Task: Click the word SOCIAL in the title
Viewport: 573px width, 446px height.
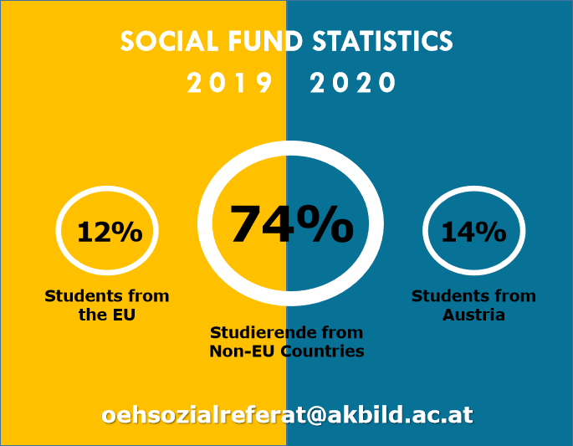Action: (x=169, y=40)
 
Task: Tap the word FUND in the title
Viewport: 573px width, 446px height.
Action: (x=266, y=40)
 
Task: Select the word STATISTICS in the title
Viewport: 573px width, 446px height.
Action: (x=382, y=40)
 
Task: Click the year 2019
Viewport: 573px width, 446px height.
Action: (x=229, y=82)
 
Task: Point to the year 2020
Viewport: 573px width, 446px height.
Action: (x=353, y=82)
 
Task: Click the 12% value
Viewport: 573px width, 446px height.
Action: (x=110, y=232)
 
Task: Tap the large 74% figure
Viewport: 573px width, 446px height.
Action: (x=292, y=223)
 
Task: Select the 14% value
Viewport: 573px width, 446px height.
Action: (x=473, y=232)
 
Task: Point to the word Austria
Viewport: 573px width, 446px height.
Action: (x=473, y=315)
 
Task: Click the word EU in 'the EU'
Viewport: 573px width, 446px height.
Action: (x=124, y=315)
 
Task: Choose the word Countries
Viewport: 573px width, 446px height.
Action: (x=322, y=351)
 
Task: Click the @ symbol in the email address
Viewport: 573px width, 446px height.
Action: (x=315, y=416)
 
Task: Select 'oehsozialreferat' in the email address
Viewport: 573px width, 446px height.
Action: (x=203, y=415)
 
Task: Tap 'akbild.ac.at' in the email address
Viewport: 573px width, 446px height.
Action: (x=400, y=415)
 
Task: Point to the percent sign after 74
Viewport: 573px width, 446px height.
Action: (x=325, y=223)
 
